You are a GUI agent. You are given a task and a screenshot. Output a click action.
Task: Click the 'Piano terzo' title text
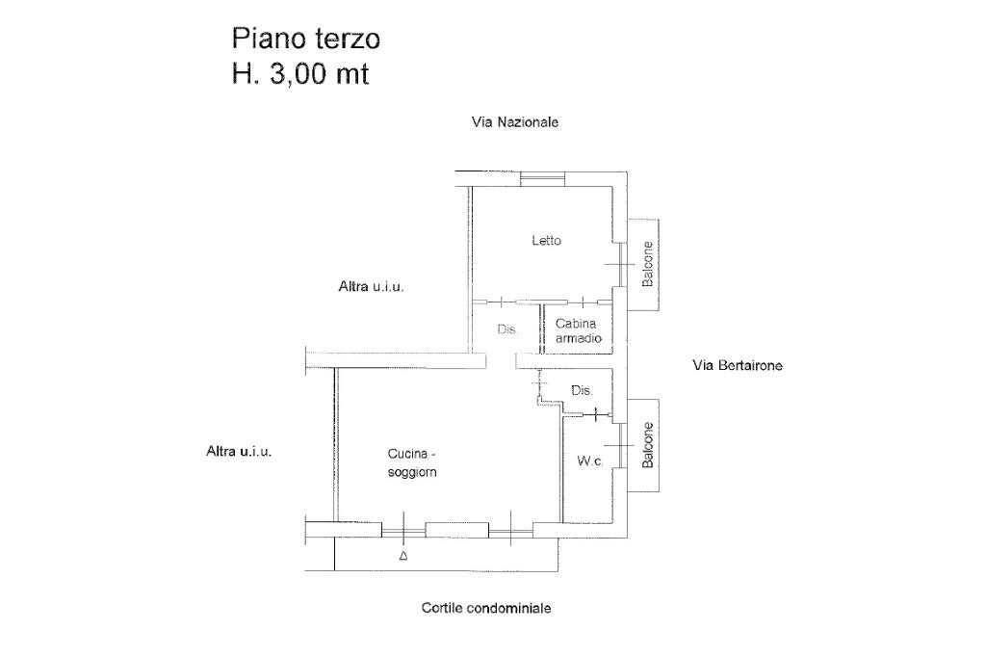pyautogui.click(x=305, y=39)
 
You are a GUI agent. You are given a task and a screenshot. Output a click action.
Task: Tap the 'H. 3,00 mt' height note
pyautogui.click(x=300, y=74)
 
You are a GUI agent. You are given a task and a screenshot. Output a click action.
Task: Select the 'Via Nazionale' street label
pyautogui.click(x=515, y=122)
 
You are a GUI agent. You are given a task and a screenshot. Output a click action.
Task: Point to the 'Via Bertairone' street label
pyautogui.click(x=738, y=366)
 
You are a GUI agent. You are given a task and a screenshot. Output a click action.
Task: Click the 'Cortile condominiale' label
pyautogui.click(x=486, y=609)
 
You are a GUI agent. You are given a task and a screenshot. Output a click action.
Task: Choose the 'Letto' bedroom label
pyautogui.click(x=547, y=241)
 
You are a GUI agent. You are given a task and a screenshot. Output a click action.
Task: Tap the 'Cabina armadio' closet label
pyautogui.click(x=579, y=331)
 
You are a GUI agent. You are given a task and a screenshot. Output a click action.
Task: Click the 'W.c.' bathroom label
pyautogui.click(x=590, y=461)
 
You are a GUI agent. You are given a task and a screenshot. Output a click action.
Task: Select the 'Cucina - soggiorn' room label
pyautogui.click(x=412, y=463)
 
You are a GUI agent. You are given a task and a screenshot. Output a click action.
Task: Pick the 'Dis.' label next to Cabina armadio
pyautogui.click(x=507, y=329)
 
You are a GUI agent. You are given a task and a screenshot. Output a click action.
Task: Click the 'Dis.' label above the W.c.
pyautogui.click(x=582, y=391)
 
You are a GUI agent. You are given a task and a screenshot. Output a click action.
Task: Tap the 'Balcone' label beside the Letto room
pyautogui.click(x=647, y=264)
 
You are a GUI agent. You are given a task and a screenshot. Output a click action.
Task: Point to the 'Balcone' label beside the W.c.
pyautogui.click(x=648, y=445)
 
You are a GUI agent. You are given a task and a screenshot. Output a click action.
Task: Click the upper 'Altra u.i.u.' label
pyautogui.click(x=371, y=287)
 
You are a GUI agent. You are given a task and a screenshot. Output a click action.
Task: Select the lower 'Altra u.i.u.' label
pyautogui.click(x=239, y=451)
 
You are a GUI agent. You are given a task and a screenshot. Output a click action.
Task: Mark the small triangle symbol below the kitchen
pyautogui.click(x=403, y=556)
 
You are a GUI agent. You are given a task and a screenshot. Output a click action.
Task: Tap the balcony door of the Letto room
pyautogui.click(x=620, y=264)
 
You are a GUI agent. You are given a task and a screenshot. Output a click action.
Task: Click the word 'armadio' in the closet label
pyautogui.click(x=579, y=338)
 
